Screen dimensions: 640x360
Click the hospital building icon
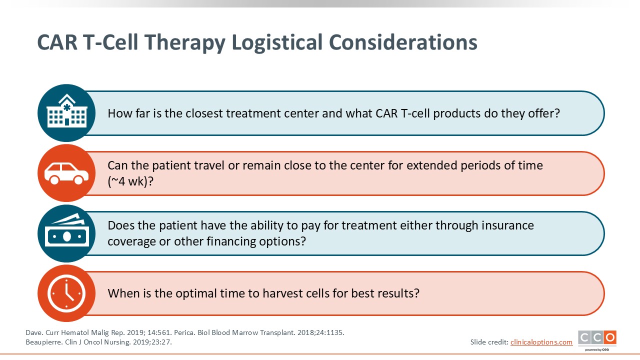(67, 110)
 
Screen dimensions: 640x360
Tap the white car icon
(66, 173)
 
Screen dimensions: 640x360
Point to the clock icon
(66, 293)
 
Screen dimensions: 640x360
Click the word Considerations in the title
(403, 42)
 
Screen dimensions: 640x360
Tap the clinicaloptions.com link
(541, 342)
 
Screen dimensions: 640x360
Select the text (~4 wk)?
(130, 181)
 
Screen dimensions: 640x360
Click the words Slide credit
(489, 342)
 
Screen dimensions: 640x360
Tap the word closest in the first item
(204, 113)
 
